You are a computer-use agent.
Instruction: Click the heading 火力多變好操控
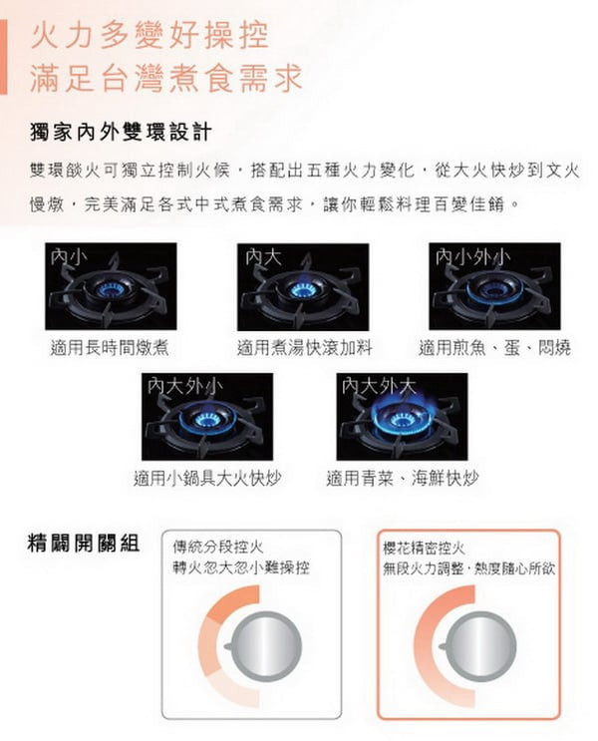coord(149,35)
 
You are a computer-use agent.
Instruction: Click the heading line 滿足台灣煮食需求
coord(166,78)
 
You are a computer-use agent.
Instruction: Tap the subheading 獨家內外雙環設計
coord(121,133)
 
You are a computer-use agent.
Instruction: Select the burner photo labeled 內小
coord(111,286)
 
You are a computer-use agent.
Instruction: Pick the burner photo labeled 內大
coord(303,286)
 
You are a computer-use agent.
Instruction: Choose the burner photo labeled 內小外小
coord(494,286)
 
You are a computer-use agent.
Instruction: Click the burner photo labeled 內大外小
coord(207,416)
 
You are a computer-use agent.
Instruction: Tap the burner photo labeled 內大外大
coord(402,416)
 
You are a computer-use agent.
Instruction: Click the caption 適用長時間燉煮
coord(110,348)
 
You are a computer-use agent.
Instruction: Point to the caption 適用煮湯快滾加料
coord(305,348)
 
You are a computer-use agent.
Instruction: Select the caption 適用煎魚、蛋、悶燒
coord(495,348)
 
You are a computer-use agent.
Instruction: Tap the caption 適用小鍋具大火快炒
coord(207,479)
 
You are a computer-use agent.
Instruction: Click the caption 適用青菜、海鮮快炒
coord(403,479)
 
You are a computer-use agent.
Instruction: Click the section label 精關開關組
coord(84,543)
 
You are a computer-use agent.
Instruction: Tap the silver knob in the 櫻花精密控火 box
coord(480,645)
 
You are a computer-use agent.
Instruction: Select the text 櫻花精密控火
coord(424,549)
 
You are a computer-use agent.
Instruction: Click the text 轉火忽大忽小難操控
coord(241,567)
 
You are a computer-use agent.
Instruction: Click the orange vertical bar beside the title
coord(3,57)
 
